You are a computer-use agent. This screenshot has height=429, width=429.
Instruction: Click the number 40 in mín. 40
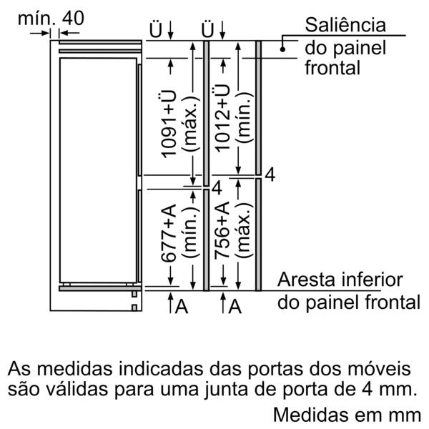coord(73,19)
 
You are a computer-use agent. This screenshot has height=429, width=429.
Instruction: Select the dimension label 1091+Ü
coord(168,124)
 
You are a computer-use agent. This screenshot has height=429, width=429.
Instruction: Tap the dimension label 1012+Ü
coord(222,118)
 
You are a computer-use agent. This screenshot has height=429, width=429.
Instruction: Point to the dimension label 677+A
coord(168,233)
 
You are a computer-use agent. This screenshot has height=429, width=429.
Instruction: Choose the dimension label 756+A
coord(222,230)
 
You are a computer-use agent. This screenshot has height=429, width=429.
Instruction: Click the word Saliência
coord(345,25)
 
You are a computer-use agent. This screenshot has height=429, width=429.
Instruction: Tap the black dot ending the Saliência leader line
coord(282,49)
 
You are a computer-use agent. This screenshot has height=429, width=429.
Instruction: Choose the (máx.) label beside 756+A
coord(243,230)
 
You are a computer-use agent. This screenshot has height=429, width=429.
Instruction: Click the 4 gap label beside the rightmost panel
coord(270,175)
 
